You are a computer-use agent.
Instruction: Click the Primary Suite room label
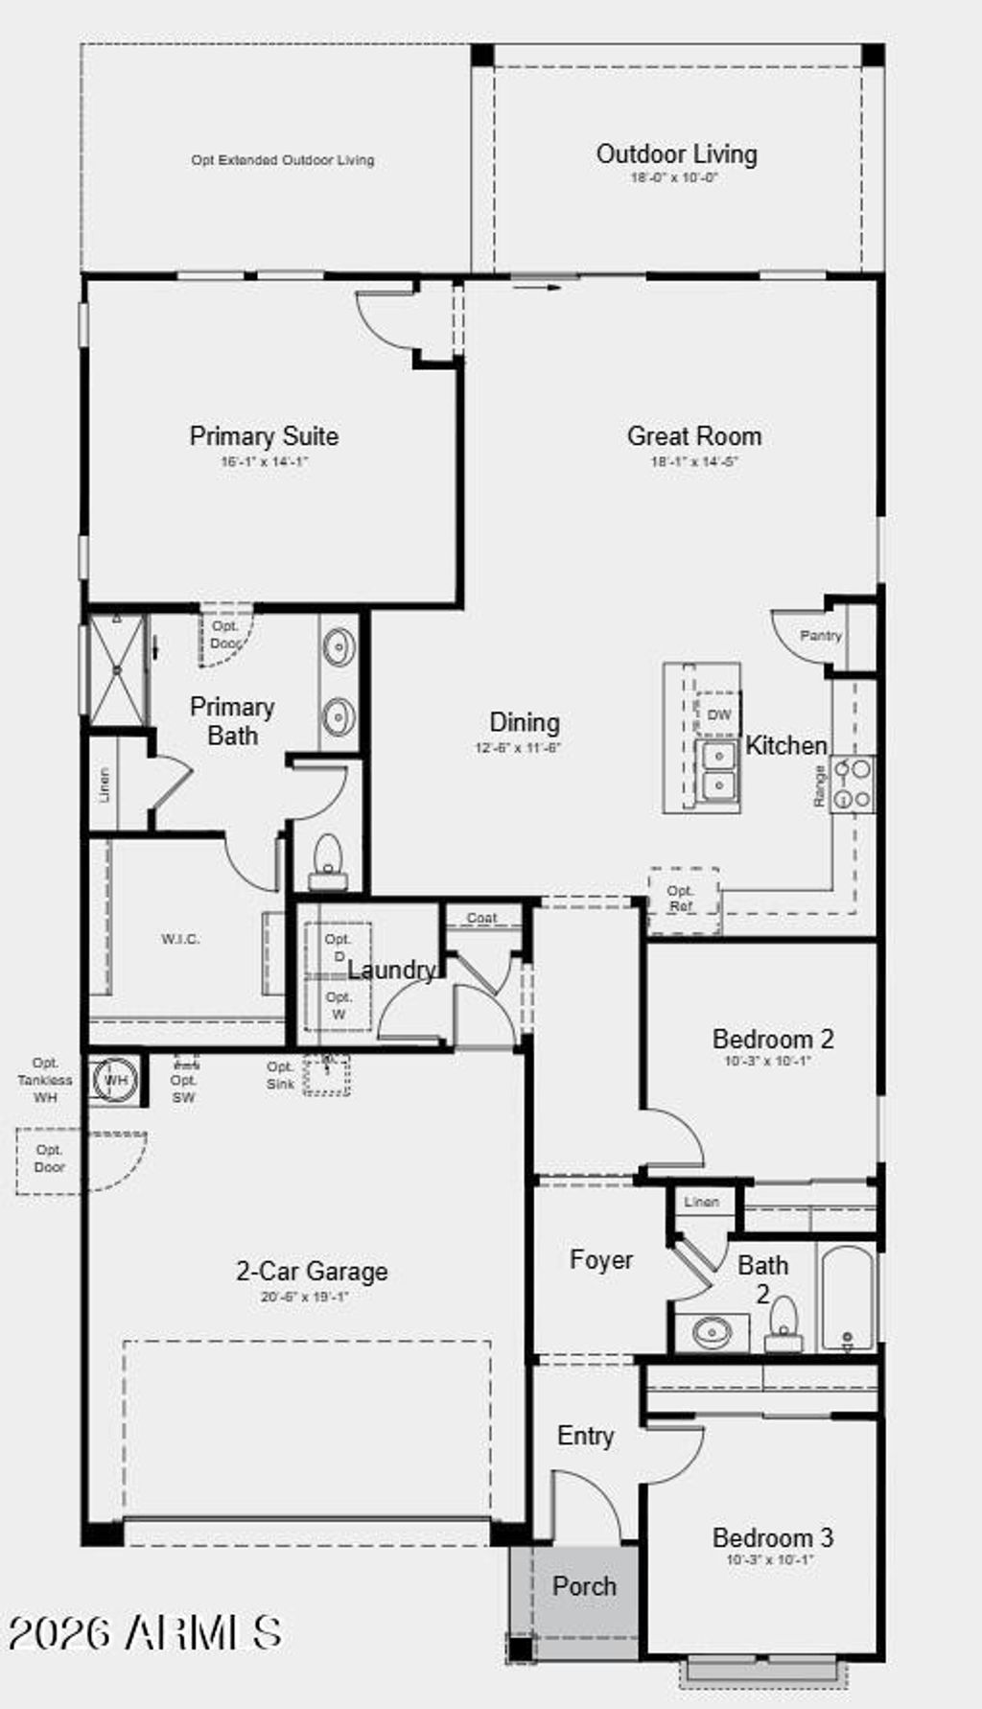[264, 436]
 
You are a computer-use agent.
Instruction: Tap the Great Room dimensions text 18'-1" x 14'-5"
[694, 461]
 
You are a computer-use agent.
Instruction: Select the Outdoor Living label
[676, 154]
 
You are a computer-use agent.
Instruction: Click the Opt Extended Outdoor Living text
[282, 160]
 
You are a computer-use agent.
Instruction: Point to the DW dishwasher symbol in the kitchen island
[718, 714]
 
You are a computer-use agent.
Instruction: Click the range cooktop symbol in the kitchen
[852, 784]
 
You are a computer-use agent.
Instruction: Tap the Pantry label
[820, 635]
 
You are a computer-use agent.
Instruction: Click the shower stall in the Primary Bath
[116, 668]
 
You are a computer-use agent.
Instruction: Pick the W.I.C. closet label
[180, 939]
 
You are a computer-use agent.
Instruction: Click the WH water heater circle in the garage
[115, 1080]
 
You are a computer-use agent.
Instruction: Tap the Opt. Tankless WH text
[45, 1080]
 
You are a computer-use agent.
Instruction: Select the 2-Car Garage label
[312, 1272]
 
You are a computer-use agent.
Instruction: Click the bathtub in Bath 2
[848, 1299]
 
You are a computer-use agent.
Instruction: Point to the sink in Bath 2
[712, 1332]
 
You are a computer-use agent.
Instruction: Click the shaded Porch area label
[583, 1586]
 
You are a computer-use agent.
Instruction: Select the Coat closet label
[481, 918]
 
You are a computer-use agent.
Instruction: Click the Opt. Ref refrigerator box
[682, 899]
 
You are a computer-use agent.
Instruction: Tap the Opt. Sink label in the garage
[280, 1075]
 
